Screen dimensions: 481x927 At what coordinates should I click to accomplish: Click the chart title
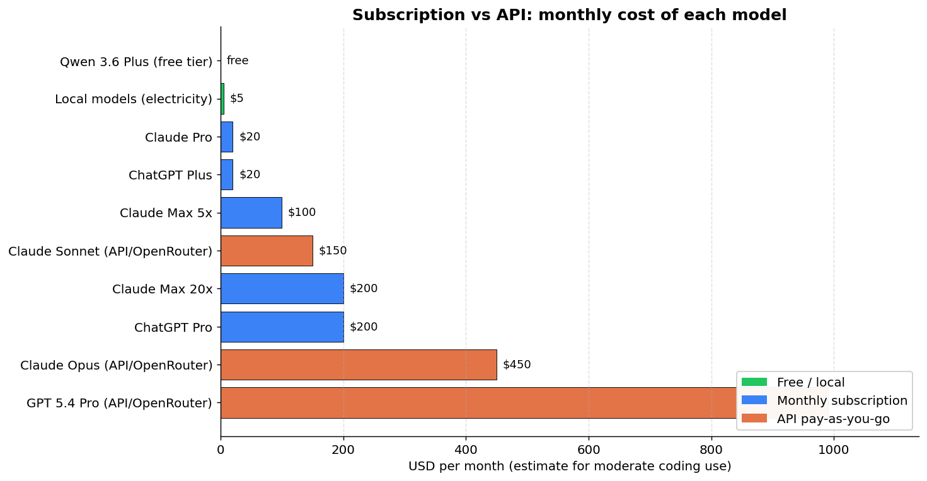569,15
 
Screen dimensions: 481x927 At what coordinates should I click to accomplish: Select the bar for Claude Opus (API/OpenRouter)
358,365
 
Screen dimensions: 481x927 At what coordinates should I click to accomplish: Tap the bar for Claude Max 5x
251,213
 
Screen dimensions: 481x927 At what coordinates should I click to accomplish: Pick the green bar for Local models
222,99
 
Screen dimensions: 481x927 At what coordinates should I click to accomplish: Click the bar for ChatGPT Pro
282,327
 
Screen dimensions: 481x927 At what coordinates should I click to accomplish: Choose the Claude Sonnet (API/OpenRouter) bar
267,251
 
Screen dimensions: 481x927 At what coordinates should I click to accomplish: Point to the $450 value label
517,365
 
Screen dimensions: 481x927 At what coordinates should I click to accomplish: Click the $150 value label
333,251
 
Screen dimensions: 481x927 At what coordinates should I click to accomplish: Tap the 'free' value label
238,61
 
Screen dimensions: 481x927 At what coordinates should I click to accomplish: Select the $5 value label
237,99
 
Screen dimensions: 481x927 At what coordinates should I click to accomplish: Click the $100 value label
302,213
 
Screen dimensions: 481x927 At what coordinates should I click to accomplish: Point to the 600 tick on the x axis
589,450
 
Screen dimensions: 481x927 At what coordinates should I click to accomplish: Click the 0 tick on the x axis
221,450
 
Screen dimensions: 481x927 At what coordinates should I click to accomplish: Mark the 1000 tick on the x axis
834,450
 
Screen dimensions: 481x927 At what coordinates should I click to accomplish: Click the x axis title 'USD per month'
569,467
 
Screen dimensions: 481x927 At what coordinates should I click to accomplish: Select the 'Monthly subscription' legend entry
842,400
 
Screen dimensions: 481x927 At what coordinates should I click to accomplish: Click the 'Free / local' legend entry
810,382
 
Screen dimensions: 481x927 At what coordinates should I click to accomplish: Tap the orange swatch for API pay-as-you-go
754,419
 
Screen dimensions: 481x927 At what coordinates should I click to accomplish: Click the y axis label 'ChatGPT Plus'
170,175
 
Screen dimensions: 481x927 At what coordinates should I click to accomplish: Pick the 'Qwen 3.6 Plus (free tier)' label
136,62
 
